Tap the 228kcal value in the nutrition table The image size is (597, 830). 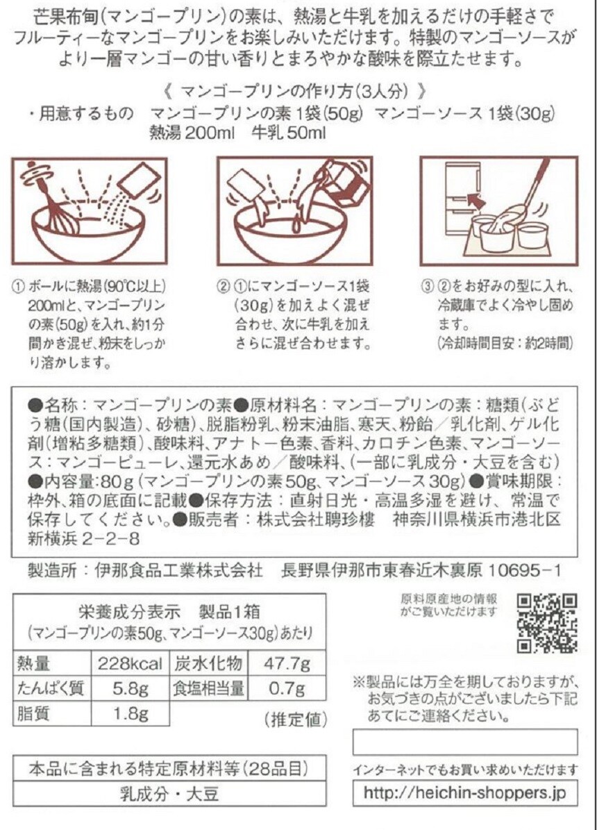131,663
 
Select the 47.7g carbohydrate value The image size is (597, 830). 286,663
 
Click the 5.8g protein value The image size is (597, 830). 131,689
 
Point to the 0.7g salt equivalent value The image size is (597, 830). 286,689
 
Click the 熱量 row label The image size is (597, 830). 34,663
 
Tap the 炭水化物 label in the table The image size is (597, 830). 208,663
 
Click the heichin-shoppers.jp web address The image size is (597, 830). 464,793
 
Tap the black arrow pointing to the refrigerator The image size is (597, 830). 476,201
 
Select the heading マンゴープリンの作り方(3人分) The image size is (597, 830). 294,92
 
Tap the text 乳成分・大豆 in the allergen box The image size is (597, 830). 169,793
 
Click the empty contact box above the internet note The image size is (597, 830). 464,741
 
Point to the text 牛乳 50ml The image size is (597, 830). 289,133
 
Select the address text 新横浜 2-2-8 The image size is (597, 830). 83,538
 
